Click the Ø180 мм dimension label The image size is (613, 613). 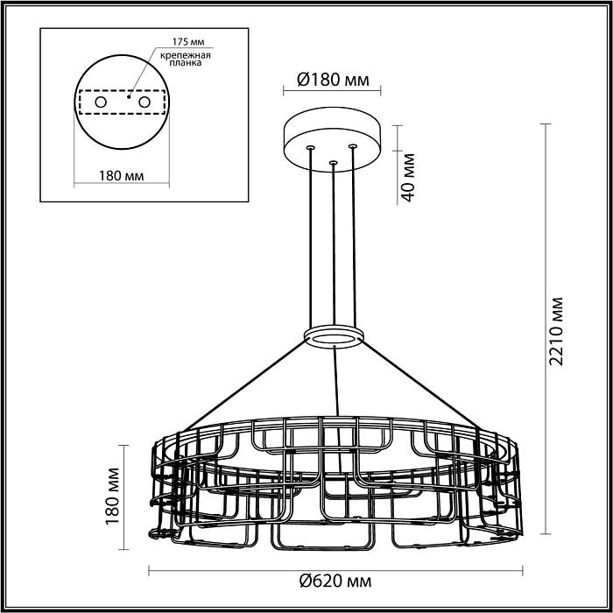pos(333,81)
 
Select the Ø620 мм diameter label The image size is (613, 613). pos(334,580)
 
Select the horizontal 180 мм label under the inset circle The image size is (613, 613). pos(121,176)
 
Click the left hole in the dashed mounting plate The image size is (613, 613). pos(102,102)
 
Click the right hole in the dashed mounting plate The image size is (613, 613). pos(144,102)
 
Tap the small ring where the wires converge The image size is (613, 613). pos(334,337)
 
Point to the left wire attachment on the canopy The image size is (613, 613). pos(310,148)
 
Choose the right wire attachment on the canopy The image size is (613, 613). pos(353,145)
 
